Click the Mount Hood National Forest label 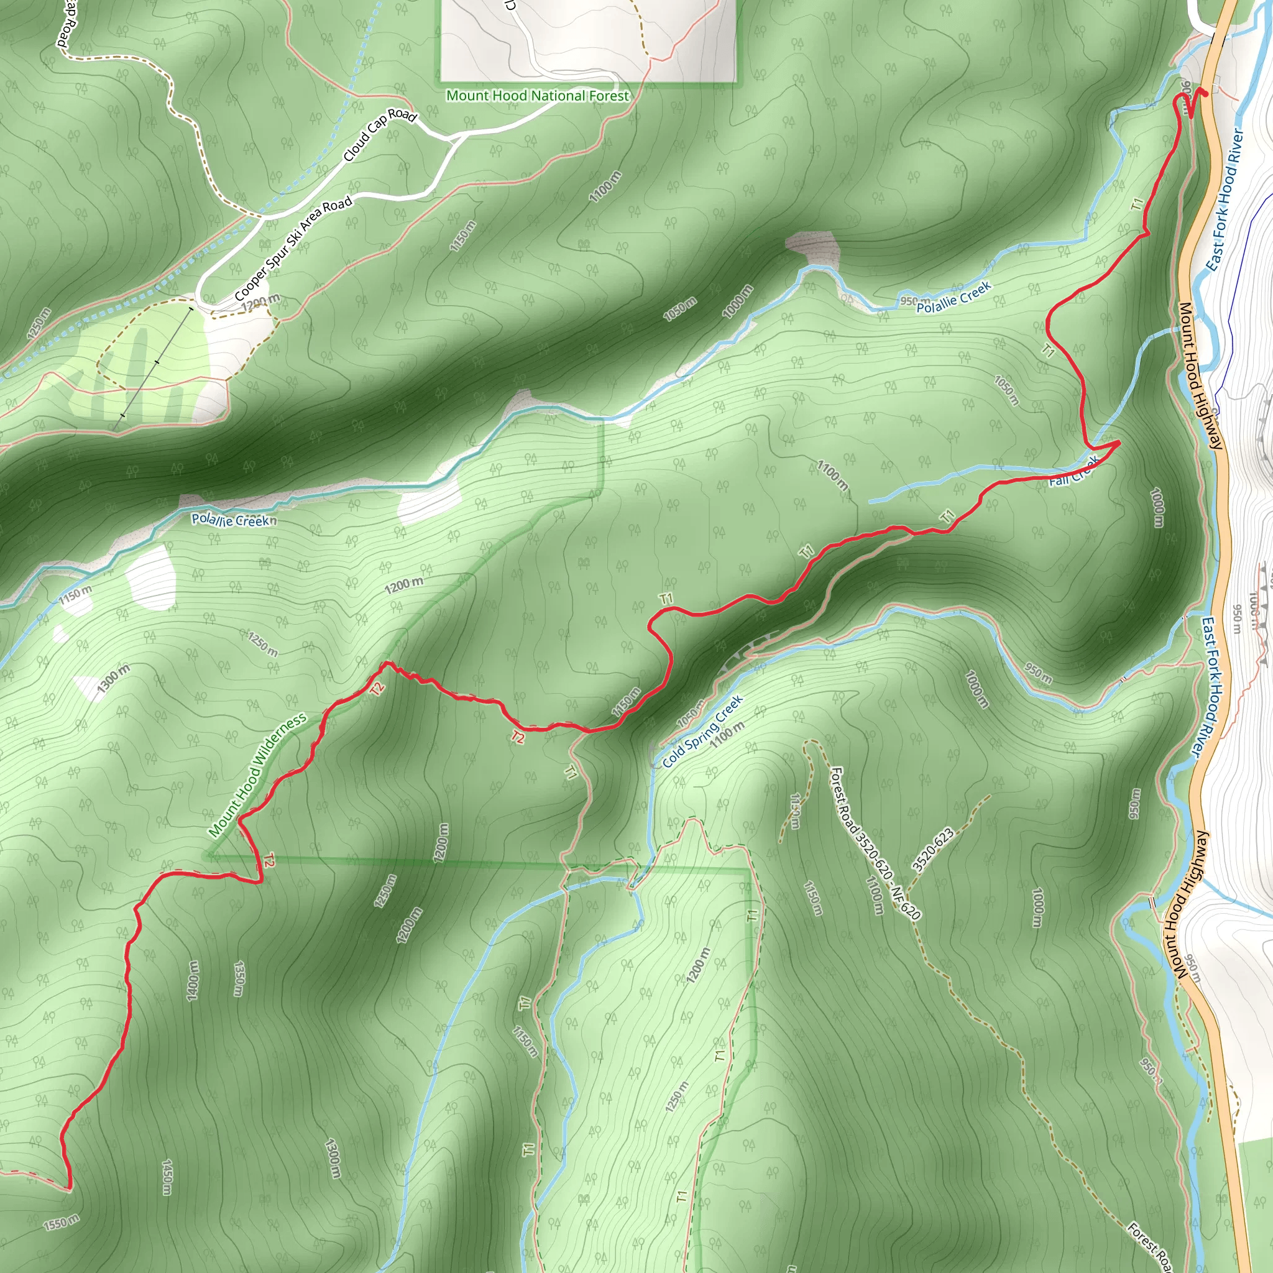[538, 96]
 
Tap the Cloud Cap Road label [380, 134]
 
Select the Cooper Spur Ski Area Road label [293, 249]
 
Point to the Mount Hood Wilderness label [257, 775]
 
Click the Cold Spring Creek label [702, 731]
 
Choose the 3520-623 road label [933, 849]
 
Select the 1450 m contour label [167, 1177]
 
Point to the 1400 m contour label [193, 981]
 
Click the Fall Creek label [1074, 472]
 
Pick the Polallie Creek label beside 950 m [954, 298]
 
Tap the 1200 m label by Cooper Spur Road [260, 303]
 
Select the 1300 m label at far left [113, 679]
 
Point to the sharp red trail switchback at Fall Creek [1119, 443]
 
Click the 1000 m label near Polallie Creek [737, 301]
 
